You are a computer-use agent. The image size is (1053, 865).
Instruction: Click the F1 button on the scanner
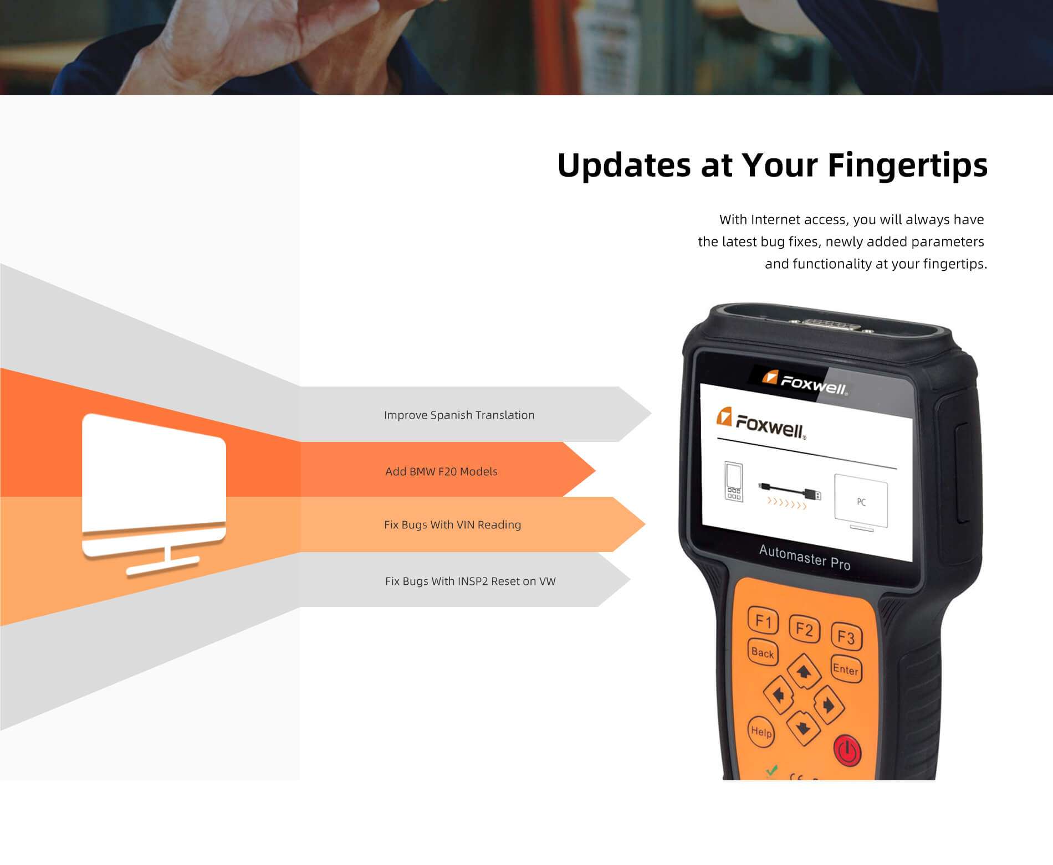[x=763, y=621]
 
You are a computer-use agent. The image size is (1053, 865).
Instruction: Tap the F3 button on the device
[x=846, y=637]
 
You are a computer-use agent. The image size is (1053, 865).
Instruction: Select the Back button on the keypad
[x=763, y=652]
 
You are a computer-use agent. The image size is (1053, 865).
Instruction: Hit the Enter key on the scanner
[x=846, y=670]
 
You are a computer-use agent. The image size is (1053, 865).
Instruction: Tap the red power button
[x=847, y=750]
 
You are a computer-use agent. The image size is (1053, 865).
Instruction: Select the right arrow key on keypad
[x=828, y=704]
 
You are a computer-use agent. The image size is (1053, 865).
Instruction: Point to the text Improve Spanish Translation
[x=459, y=415]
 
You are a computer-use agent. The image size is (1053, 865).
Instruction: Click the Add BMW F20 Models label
[x=441, y=471]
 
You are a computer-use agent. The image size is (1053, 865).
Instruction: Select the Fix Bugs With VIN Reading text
[x=452, y=524]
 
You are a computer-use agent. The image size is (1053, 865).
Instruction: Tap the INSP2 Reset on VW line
[x=470, y=581]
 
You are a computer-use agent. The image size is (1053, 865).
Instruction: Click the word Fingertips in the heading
[x=907, y=166]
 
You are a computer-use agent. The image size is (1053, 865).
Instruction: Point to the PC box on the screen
[x=861, y=502]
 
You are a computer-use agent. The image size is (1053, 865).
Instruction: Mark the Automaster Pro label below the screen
[x=804, y=557]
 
